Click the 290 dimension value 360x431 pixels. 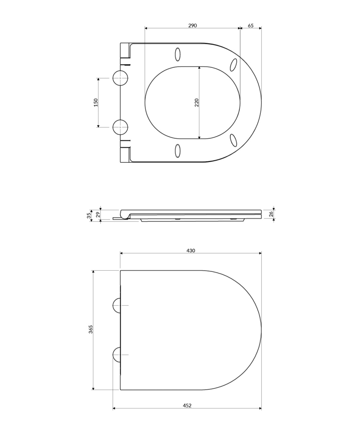click(192, 26)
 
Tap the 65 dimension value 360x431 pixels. click(251, 26)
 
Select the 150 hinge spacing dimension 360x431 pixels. click(96, 103)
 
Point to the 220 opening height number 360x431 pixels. click(197, 103)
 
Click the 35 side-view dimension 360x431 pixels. click(89, 216)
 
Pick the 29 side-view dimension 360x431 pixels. click(98, 214)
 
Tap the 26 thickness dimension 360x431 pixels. click(271, 213)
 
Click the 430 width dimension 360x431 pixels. click(191, 251)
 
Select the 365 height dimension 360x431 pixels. click(91, 329)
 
